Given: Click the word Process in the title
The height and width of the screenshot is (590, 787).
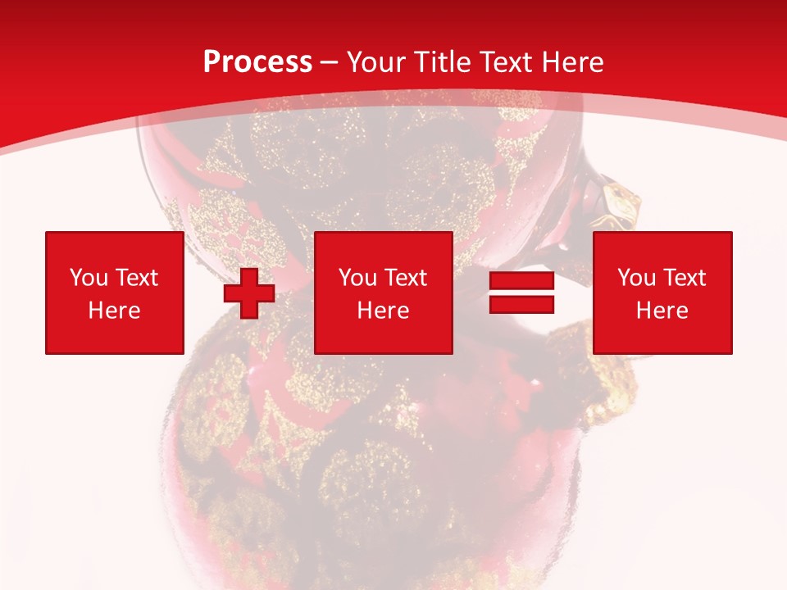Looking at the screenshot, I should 257,61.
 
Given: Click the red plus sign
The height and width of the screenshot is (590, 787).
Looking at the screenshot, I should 249,293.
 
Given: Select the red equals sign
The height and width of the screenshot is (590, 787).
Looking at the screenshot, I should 521,293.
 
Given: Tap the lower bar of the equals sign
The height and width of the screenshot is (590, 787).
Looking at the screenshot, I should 521,304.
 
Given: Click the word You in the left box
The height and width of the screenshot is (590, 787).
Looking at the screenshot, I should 89,278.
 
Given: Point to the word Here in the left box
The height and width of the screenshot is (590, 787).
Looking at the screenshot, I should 115,311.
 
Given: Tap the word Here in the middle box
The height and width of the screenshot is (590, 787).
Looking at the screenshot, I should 383,311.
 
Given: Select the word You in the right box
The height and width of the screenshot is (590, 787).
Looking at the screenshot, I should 636,278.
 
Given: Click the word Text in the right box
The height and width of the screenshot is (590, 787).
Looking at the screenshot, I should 684,278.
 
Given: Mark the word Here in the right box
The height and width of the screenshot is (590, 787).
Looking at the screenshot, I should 662,311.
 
